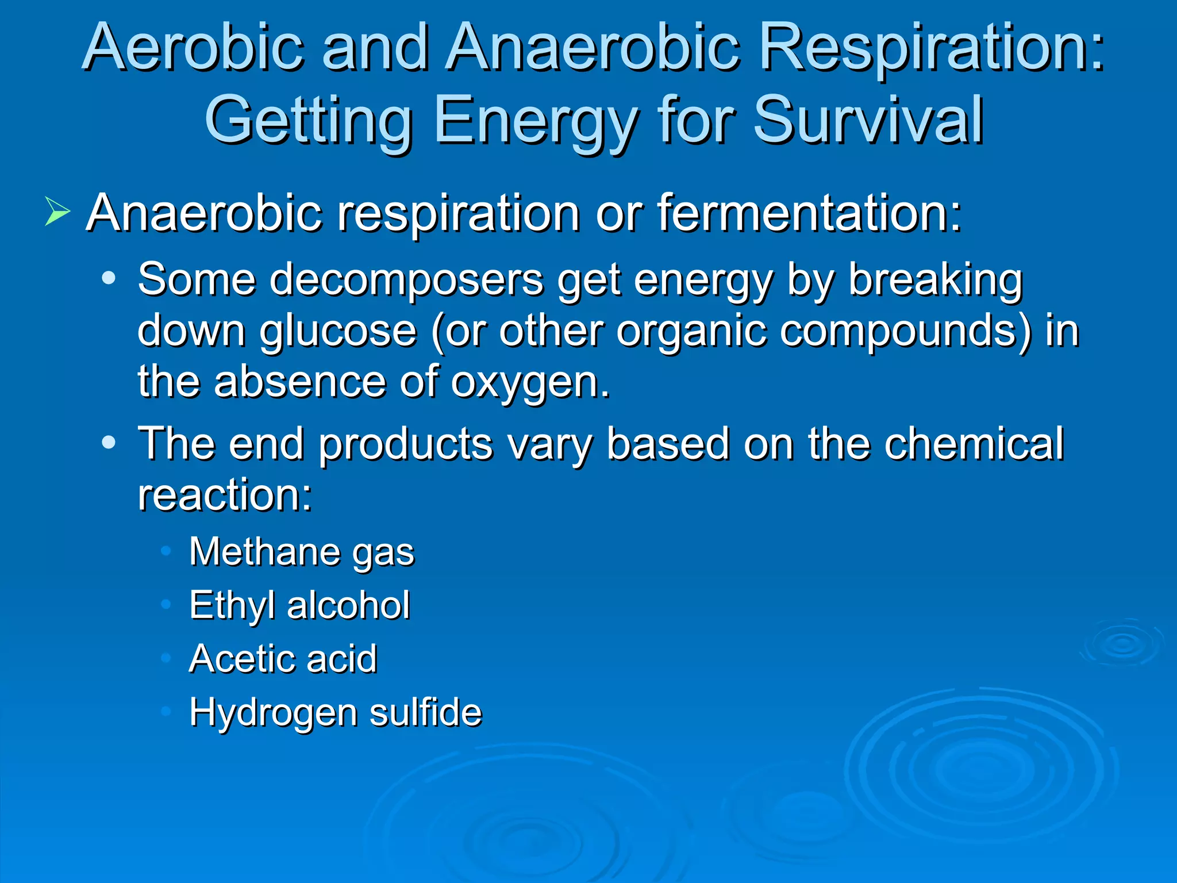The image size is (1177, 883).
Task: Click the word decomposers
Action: pyautogui.click(x=406, y=280)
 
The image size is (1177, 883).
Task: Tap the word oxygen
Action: pyautogui.click(x=529, y=382)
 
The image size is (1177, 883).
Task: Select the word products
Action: pyautogui.click(x=406, y=444)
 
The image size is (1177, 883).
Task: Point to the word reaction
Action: pyautogui.click(x=225, y=494)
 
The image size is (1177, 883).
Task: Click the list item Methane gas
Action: pyautogui.click(x=302, y=552)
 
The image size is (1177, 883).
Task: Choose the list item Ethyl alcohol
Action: pyautogui.click(x=299, y=605)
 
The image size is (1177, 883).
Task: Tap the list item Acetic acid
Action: pyautogui.click(x=283, y=658)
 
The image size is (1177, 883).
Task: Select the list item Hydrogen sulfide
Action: pyautogui.click(x=336, y=712)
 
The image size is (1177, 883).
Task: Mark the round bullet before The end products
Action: pyautogui.click(x=109, y=443)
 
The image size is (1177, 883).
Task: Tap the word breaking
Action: pyautogui.click(x=936, y=280)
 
